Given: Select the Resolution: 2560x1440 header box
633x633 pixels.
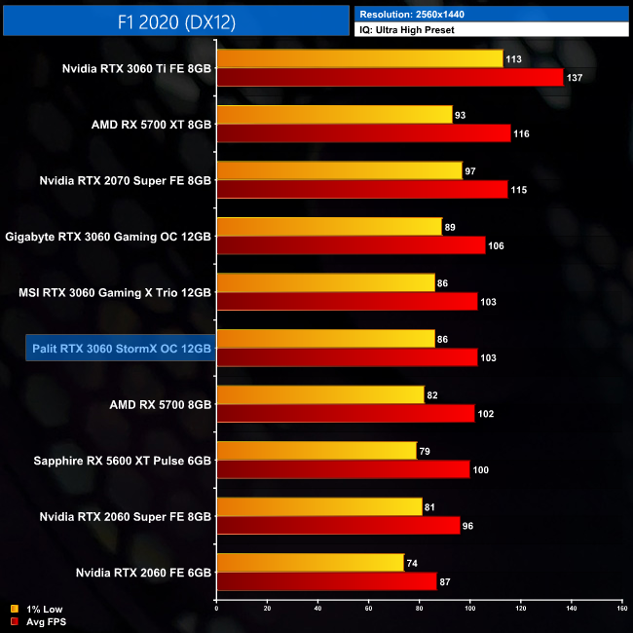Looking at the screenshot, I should click(x=492, y=15).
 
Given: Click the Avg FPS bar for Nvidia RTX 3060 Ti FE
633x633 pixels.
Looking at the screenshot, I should click(x=390, y=77).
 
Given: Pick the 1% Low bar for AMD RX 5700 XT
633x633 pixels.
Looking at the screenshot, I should click(x=334, y=115).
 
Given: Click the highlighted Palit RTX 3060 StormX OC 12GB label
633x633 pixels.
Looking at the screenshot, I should click(x=119, y=348).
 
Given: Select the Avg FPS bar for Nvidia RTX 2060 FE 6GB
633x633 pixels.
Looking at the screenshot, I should click(x=326, y=580).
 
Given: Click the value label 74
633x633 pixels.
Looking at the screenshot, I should click(x=414, y=562).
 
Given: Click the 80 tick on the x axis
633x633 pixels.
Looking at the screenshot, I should click(x=420, y=609).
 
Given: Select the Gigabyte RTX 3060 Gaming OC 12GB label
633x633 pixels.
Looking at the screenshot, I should click(x=108, y=236).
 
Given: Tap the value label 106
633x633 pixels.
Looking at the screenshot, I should click(x=496, y=245).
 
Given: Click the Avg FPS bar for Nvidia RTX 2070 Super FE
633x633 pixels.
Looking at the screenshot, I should click(x=362, y=189).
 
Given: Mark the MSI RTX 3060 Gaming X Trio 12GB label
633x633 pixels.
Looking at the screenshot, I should click(x=115, y=291).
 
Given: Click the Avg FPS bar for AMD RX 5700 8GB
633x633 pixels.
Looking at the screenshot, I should click(x=346, y=413).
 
